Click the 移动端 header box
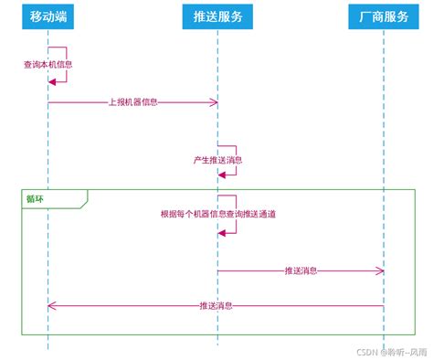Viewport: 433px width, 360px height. [x=48, y=16]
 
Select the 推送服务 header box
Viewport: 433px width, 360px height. [x=217, y=16]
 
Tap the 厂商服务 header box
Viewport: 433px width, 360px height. [x=384, y=16]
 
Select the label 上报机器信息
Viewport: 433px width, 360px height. [x=133, y=102]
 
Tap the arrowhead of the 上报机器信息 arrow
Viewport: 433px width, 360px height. [x=214, y=102]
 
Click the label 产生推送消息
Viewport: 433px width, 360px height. [x=217, y=159]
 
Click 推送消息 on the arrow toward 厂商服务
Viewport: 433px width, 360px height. [x=301, y=270]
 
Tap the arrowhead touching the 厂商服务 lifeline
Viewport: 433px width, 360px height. [x=380, y=270]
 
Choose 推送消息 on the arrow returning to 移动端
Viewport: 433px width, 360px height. [x=216, y=305]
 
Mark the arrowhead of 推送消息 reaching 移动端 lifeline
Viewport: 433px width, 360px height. [x=52, y=305]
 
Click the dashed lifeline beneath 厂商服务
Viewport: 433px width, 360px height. [x=384, y=137]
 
